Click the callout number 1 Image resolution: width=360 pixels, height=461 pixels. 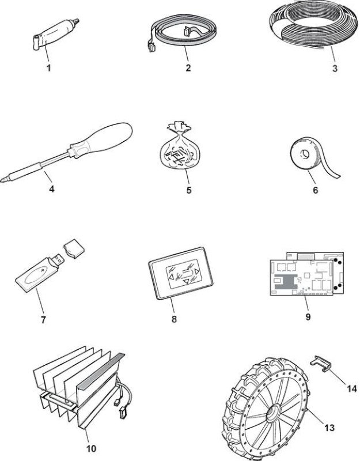tap(49, 68)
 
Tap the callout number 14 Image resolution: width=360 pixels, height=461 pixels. tap(351, 388)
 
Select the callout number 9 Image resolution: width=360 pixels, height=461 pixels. tap(308, 316)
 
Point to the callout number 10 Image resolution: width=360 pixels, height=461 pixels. tap(91, 449)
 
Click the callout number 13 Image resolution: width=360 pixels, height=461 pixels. tap(329, 427)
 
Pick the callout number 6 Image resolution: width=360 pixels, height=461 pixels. tap(315, 190)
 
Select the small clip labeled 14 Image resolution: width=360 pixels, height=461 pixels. tap(321, 363)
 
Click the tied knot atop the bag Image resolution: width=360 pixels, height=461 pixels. tap(179, 126)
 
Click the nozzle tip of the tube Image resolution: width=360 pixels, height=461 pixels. tap(77, 21)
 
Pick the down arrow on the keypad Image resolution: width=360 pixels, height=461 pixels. tap(186, 282)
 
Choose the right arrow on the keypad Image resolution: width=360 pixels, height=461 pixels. tap(197, 271)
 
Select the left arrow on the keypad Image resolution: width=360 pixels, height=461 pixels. tap(170, 277)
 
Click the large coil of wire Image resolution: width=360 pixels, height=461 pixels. tap(314, 27)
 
